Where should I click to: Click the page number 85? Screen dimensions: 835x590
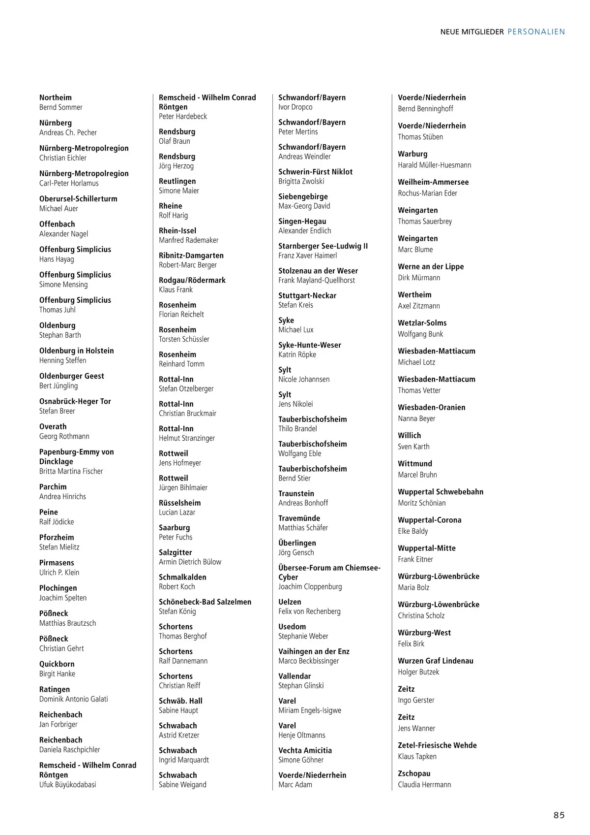pos(559,815)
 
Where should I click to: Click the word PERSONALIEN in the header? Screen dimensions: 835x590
pos(536,32)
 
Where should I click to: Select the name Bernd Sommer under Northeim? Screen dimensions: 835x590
pos(61,107)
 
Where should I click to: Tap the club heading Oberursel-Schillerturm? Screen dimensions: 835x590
pos(78,199)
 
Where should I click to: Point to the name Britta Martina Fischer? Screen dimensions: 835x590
pos(71,471)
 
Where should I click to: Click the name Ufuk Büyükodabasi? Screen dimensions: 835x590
pos(68,784)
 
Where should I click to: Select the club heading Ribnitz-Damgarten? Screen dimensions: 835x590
pos(191,256)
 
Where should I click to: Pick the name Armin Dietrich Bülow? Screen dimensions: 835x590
pos(190,562)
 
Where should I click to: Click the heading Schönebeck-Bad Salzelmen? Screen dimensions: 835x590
pos(205,602)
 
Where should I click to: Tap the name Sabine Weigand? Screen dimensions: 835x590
pos(182,784)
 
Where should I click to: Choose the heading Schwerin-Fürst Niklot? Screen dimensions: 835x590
pos(316,172)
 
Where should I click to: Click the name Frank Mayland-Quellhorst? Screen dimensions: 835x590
pos(317,280)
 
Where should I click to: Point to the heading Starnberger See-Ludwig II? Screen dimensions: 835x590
pos(323,246)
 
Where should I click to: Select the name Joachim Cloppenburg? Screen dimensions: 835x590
pos(310,586)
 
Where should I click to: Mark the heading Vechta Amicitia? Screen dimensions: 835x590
pos(305,750)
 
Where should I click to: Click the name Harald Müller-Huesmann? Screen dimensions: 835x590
pos(435,165)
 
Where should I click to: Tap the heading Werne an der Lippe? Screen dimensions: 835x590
pos(431,266)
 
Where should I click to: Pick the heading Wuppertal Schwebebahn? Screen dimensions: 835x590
pos(441,492)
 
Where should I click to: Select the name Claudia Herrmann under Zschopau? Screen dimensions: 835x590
pos(424,784)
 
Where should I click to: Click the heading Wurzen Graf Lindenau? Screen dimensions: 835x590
pos(436,661)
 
